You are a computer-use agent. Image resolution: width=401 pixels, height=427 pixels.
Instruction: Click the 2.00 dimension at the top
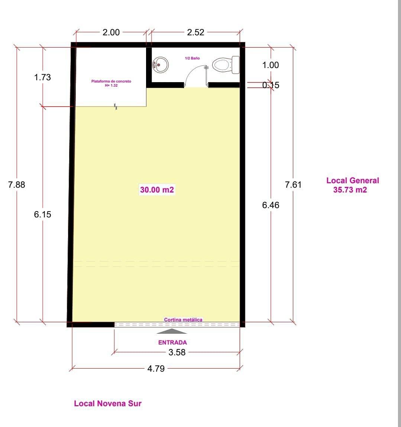111,32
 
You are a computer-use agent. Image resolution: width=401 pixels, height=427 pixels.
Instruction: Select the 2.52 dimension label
195,32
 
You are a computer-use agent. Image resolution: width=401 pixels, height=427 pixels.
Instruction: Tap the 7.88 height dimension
17,185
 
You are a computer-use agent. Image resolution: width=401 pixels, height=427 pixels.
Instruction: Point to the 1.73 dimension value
42,77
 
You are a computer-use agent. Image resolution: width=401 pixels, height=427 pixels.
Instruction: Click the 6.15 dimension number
42,214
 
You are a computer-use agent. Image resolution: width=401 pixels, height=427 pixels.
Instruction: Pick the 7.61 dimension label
293,185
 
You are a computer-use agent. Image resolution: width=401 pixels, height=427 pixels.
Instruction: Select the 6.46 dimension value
271,205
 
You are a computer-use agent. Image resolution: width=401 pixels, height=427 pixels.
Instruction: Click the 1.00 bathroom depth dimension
271,65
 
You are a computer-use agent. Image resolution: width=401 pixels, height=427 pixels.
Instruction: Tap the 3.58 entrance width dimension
177,352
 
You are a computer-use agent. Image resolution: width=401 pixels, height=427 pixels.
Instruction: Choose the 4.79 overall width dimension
156,369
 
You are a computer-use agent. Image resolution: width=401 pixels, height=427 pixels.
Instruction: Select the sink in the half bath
161,65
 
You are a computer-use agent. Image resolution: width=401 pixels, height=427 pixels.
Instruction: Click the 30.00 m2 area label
157,190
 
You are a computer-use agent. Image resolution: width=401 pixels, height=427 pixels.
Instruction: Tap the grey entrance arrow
172,331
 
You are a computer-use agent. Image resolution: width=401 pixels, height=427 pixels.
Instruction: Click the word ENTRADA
172,343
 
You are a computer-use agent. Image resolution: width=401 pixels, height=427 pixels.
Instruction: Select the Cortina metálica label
183,320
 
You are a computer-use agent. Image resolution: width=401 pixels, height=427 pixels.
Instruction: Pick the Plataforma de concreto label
111,81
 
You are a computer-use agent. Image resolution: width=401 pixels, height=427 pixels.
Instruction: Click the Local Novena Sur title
108,404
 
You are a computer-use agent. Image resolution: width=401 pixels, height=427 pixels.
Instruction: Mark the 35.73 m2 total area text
350,190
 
